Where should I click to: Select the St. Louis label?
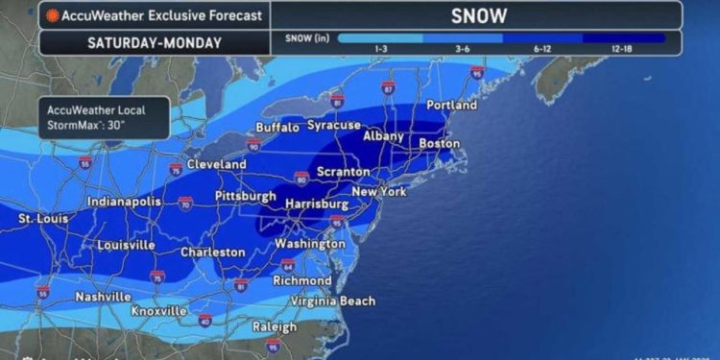pyautogui.click(x=43, y=220)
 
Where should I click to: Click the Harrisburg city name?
pyautogui.click(x=318, y=204)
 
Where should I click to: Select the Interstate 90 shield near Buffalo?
pyautogui.click(x=254, y=146)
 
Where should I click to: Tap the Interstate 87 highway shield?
pyautogui.click(x=388, y=89)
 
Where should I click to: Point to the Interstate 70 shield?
pyautogui.click(x=184, y=204)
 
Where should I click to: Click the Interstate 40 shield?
pyautogui.click(x=204, y=320)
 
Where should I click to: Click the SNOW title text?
pyautogui.click(x=477, y=15)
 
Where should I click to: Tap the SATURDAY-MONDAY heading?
pyautogui.click(x=156, y=43)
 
